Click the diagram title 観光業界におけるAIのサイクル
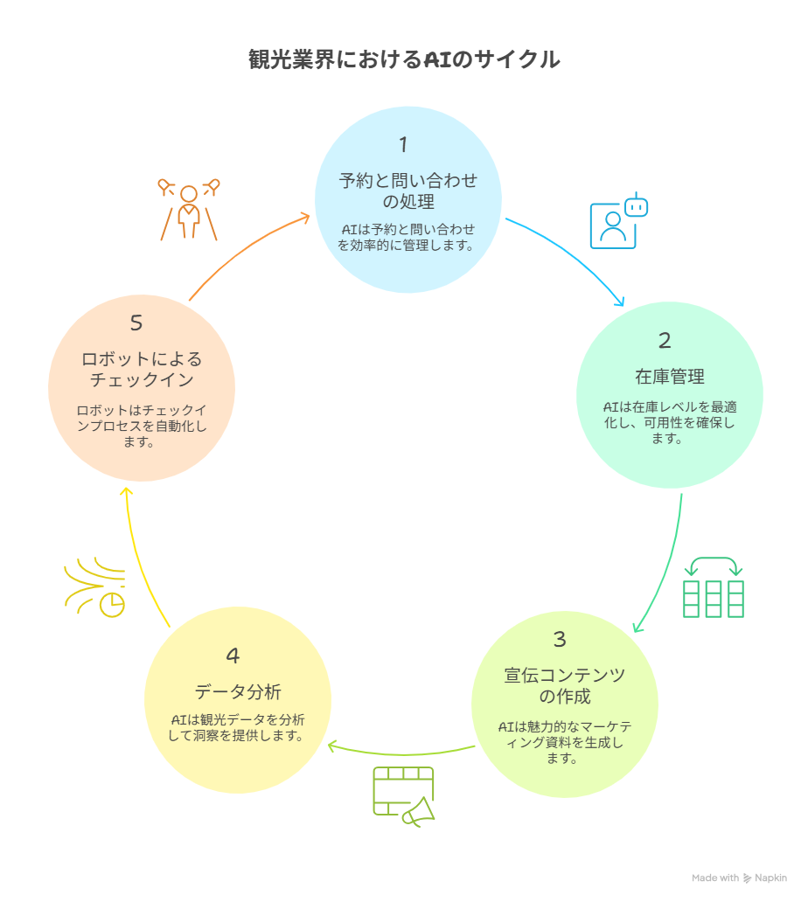404,59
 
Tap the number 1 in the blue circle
403,144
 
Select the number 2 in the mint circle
665,340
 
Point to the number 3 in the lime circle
560,639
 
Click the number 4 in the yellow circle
233,656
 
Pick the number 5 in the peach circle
136,323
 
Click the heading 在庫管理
669,376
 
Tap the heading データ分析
238,691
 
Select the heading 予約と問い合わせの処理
408,191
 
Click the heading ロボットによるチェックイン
142,370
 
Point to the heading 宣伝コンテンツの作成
565,686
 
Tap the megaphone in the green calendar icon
418,812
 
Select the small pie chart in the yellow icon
112,605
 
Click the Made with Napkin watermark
739,878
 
